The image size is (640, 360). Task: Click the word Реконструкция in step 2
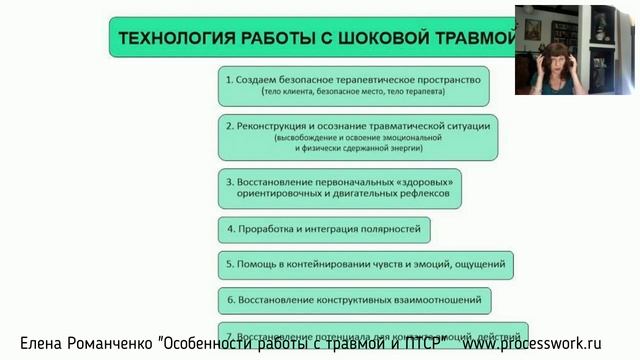point(277,127)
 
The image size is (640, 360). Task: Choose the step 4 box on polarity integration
point(324,230)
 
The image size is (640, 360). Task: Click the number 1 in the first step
point(229,79)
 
